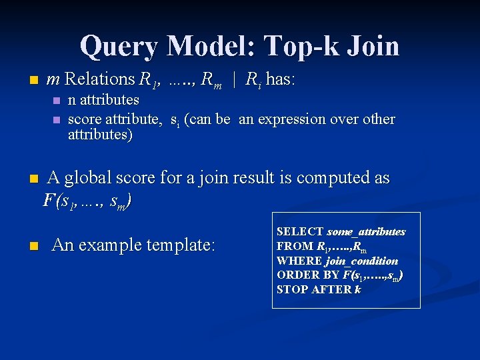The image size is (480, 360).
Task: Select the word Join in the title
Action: pyautogui.click(x=372, y=46)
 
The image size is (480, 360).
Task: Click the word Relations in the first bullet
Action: pyautogui.click(x=100, y=79)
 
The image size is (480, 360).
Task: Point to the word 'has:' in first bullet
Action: pyautogui.click(x=280, y=79)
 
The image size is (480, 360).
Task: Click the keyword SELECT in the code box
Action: pyautogui.click(x=300, y=232)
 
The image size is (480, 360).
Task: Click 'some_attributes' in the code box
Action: pyautogui.click(x=366, y=232)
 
